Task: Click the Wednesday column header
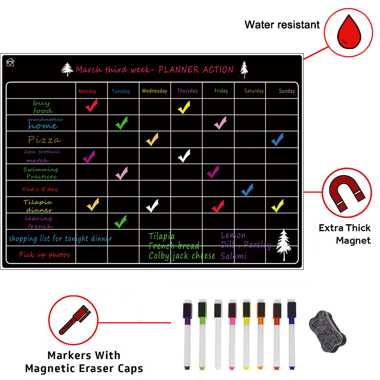pyautogui.click(x=154, y=91)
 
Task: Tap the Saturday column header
pyautogui.click(x=254, y=91)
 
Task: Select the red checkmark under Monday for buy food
pyautogui.click(x=91, y=106)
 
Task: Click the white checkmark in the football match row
pyautogui.click(x=184, y=156)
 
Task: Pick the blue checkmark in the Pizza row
pyautogui.click(x=277, y=139)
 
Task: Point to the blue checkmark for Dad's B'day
pyautogui.click(x=247, y=189)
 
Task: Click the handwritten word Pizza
pyautogui.click(x=44, y=140)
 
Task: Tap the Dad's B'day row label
pyautogui.click(x=40, y=189)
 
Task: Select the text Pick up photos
pyautogui.click(x=45, y=255)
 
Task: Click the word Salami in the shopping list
pyautogui.click(x=234, y=256)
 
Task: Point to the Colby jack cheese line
pyautogui.click(x=182, y=256)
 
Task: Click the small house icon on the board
pyautogui.click(x=10, y=62)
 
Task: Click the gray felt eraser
pyautogui.click(x=328, y=328)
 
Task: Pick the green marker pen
pyautogui.click(x=202, y=334)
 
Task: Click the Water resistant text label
pyautogui.click(x=282, y=25)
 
